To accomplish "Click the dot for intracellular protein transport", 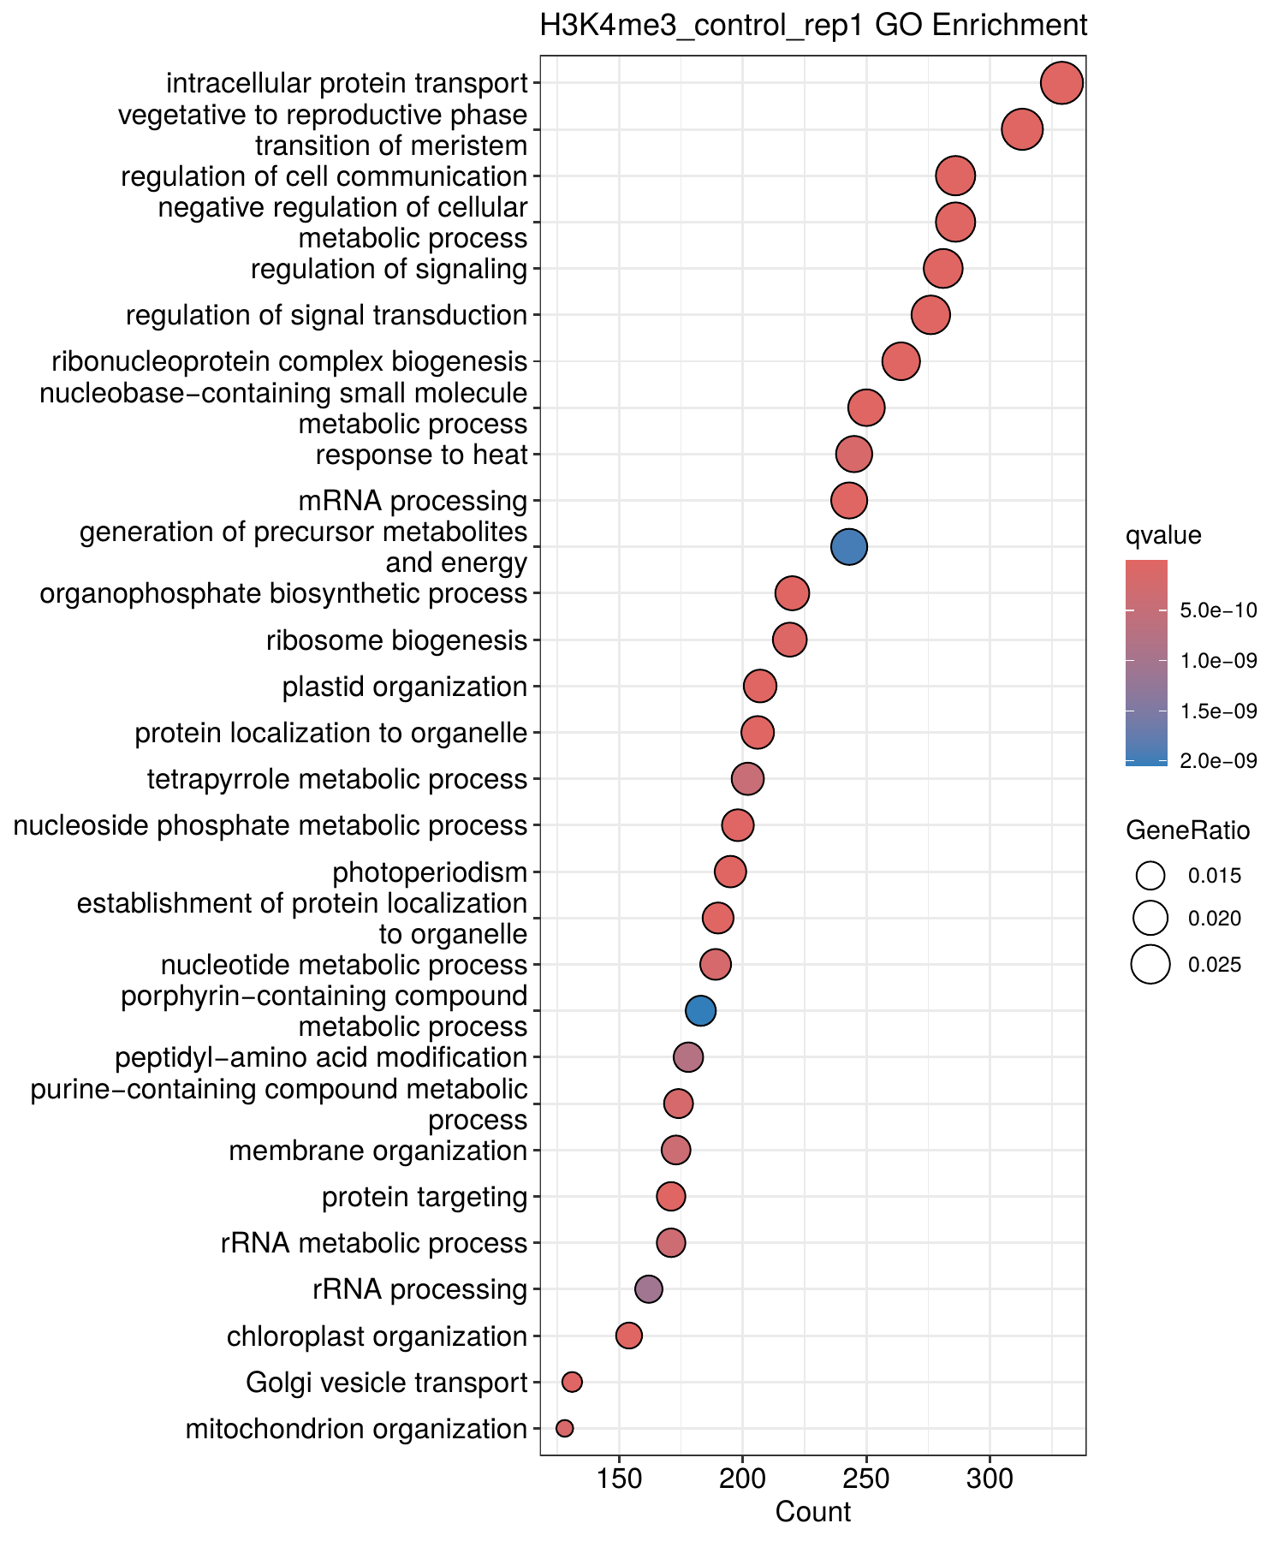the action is [1061, 83].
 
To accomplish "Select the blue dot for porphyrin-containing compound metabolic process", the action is [700, 1011].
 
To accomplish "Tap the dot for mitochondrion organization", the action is [564, 1428].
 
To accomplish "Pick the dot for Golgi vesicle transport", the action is [572, 1382].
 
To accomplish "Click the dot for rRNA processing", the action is [648, 1289].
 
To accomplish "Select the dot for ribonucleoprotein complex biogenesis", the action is [901, 361].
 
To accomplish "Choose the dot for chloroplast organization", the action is [628, 1336].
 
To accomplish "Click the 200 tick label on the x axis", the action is [742, 1480].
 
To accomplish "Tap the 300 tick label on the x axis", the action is [990, 1480].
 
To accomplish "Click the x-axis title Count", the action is [813, 1513].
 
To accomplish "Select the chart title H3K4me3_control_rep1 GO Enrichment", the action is [813, 26].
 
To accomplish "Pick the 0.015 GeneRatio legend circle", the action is [1150, 875].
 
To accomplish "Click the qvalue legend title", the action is [1163, 536].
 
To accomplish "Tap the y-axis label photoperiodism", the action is [430, 872].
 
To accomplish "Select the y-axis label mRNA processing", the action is [413, 501].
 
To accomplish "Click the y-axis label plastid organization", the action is [405, 687].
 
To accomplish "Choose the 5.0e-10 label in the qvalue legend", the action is [1218, 610].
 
